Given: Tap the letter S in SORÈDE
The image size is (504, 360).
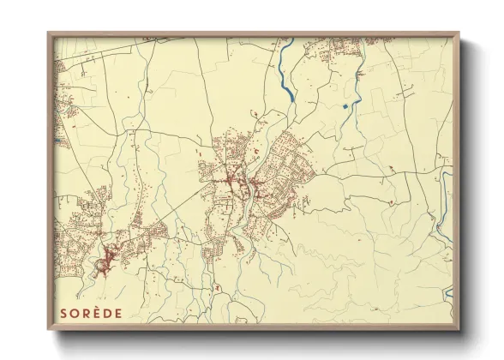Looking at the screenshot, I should [63, 313].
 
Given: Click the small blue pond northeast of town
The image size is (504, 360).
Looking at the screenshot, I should [345, 106].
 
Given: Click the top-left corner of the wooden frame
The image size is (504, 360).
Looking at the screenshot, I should [50, 34].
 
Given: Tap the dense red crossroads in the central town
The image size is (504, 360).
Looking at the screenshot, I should [233, 181].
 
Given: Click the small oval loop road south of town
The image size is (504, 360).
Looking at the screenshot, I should [219, 287].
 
